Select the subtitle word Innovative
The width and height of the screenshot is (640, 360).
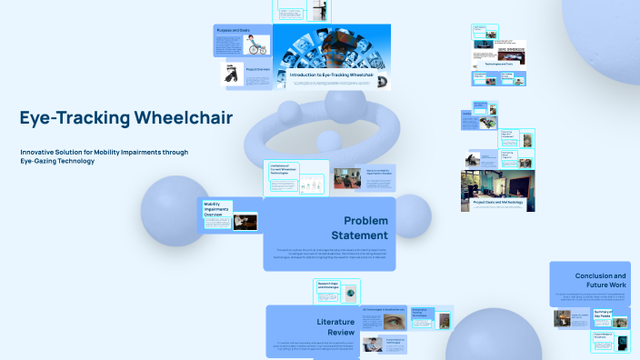pos(38,152)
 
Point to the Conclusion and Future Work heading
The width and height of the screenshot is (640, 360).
pos(600,280)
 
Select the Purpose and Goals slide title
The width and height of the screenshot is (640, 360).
pos(233,31)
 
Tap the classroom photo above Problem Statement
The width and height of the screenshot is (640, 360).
pos(348,179)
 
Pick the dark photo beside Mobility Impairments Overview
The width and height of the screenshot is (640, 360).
pos(245,222)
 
